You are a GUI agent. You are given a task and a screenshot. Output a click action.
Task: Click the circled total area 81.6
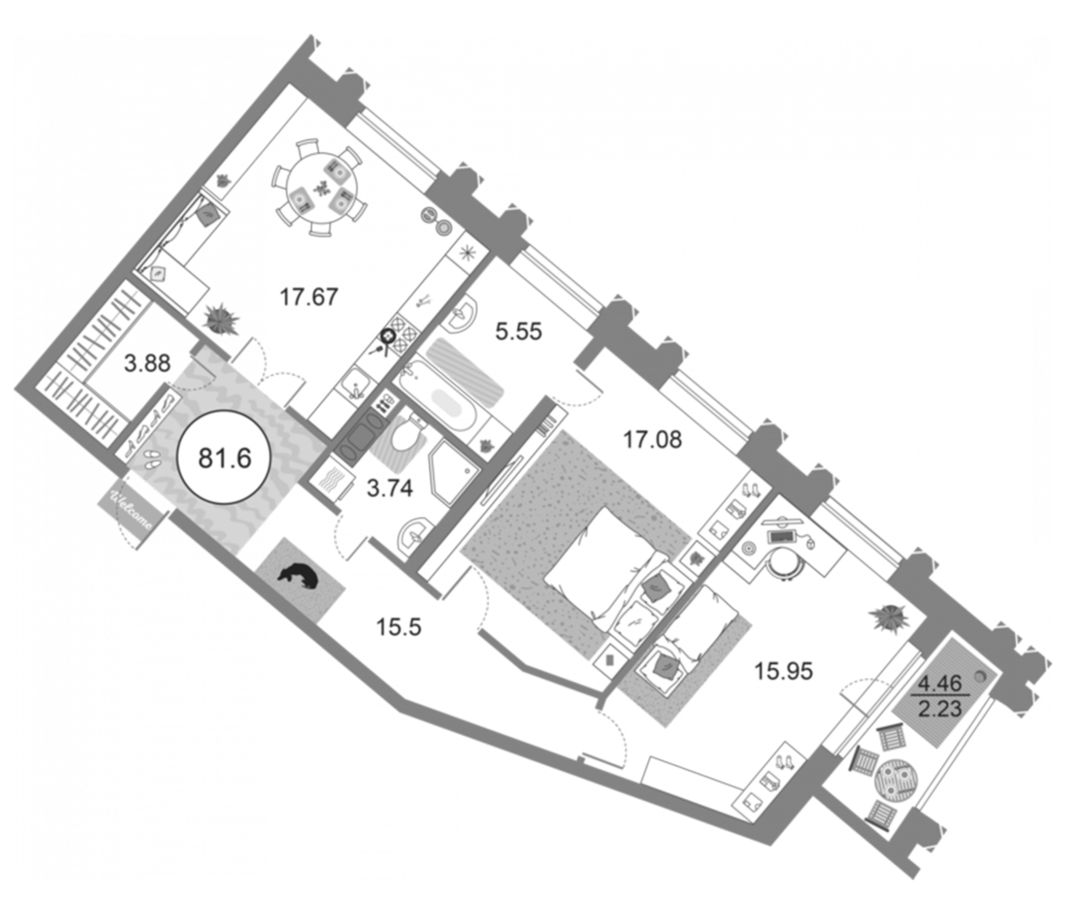tap(224, 457)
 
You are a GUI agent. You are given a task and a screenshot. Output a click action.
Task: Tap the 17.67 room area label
tap(309, 297)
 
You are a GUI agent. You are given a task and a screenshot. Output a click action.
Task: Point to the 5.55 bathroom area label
tap(518, 331)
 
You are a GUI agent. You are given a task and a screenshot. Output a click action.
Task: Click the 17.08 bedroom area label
tap(652, 440)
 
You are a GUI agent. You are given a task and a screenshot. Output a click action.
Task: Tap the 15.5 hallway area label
tap(398, 627)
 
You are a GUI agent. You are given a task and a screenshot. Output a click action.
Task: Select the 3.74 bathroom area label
tap(389, 488)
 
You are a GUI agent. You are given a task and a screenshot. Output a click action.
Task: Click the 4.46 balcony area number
tap(940, 684)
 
